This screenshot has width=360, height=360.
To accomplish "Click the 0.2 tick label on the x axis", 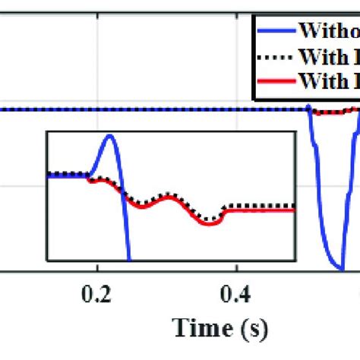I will click(96, 294).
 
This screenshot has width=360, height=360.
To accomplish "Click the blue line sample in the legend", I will click(274, 31).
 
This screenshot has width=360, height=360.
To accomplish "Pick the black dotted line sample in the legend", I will click(274, 56).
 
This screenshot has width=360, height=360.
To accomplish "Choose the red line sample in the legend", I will click(274, 80).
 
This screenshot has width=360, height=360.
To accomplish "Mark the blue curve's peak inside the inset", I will click(110, 136).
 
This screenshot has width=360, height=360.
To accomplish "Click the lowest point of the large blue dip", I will click(341, 269).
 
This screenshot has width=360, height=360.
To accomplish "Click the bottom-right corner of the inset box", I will click(294, 261).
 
